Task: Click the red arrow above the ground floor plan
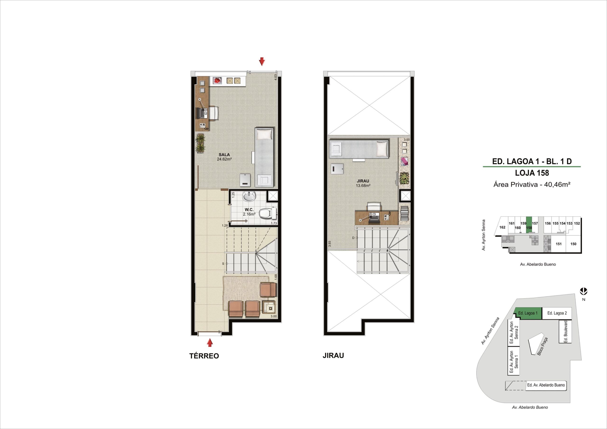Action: tap(262, 61)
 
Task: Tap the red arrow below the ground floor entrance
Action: tap(210, 343)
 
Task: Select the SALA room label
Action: tap(224, 154)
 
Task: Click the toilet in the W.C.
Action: tap(267, 213)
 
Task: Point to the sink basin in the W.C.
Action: tap(249, 196)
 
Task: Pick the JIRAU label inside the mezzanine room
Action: tap(363, 181)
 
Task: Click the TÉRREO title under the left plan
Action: tap(204, 356)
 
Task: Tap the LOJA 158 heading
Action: tap(532, 173)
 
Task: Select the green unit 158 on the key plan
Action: tap(529, 225)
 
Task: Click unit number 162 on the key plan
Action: tap(502, 227)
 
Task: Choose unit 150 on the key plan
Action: tap(573, 244)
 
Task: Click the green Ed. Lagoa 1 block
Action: tap(528, 313)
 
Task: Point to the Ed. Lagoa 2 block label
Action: tap(557, 313)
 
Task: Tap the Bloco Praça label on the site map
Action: tap(542, 346)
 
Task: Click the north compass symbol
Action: tap(584, 291)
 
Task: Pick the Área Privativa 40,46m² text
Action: tap(532, 184)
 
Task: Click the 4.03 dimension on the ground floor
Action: tap(276, 77)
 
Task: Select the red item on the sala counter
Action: tap(217, 81)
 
